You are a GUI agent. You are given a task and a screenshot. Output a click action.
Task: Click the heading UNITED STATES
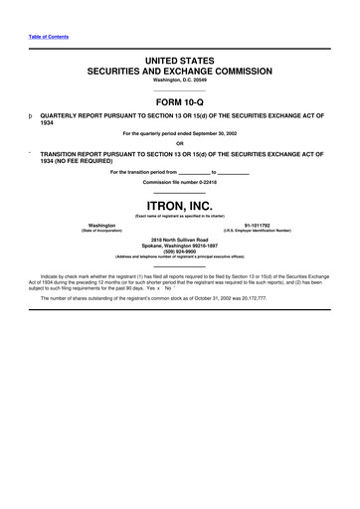point(180,62)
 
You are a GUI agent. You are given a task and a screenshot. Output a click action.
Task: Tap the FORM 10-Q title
point(180,100)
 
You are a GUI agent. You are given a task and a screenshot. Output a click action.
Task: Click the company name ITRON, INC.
point(180,204)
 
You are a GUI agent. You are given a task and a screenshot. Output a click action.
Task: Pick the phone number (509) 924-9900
point(180,253)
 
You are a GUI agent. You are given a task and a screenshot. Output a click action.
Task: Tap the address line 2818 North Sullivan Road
point(180,241)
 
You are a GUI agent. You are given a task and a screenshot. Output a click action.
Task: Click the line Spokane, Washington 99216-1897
point(180,247)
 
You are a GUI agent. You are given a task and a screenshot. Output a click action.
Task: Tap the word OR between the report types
point(180,144)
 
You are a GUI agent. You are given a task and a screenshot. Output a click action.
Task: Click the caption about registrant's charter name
point(180,216)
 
